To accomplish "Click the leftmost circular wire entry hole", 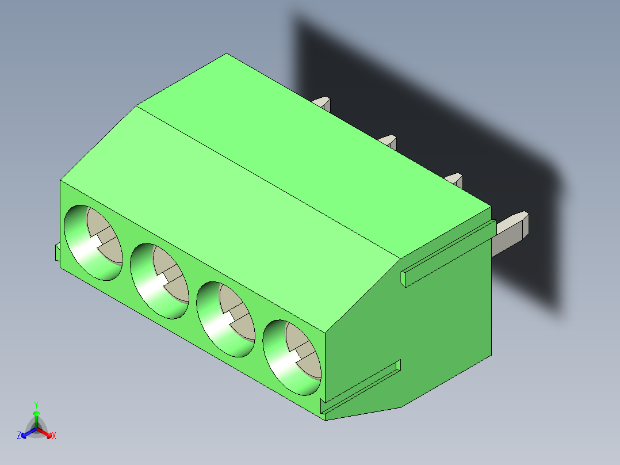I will tap(93, 242).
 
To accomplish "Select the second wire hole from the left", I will tap(159, 280).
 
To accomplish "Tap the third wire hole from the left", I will tap(225, 319).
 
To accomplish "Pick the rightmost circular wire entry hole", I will tap(292, 357).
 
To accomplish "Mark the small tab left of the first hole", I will tap(58, 252).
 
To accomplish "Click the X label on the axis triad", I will tap(54, 436).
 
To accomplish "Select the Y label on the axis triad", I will tap(36, 404).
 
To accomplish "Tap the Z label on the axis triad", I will tap(19, 436).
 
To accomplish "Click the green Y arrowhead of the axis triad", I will tap(36, 414).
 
